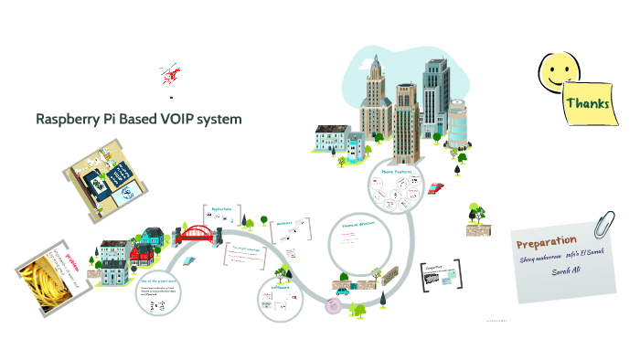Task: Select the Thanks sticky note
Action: (x=587, y=102)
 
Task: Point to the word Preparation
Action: (x=546, y=243)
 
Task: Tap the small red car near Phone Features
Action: (x=436, y=187)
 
